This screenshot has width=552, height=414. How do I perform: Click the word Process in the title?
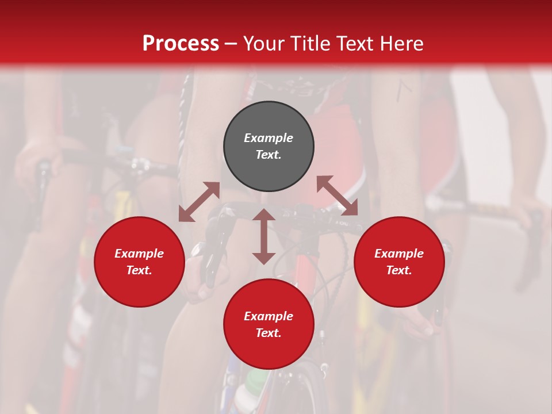pyautogui.click(x=181, y=44)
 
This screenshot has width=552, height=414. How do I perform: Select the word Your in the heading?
pyautogui.click(x=264, y=44)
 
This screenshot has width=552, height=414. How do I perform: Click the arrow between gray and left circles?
pyautogui.click(x=199, y=201)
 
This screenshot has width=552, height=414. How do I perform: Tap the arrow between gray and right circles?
pyautogui.click(x=338, y=195)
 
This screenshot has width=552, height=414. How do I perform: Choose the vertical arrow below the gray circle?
pyautogui.click(x=264, y=236)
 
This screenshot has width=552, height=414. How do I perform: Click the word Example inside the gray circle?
pyautogui.click(x=269, y=138)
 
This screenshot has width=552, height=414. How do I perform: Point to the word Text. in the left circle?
pyautogui.click(x=139, y=270)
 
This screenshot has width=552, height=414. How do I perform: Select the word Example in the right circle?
pyautogui.click(x=399, y=254)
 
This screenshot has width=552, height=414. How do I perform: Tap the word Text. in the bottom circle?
pyautogui.click(x=269, y=333)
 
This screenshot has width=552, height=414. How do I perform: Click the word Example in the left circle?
pyautogui.click(x=139, y=254)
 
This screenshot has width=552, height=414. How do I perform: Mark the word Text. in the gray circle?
pyautogui.click(x=269, y=155)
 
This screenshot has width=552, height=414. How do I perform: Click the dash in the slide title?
pyautogui.click(x=231, y=44)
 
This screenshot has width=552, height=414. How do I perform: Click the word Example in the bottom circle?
pyautogui.click(x=269, y=316)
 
